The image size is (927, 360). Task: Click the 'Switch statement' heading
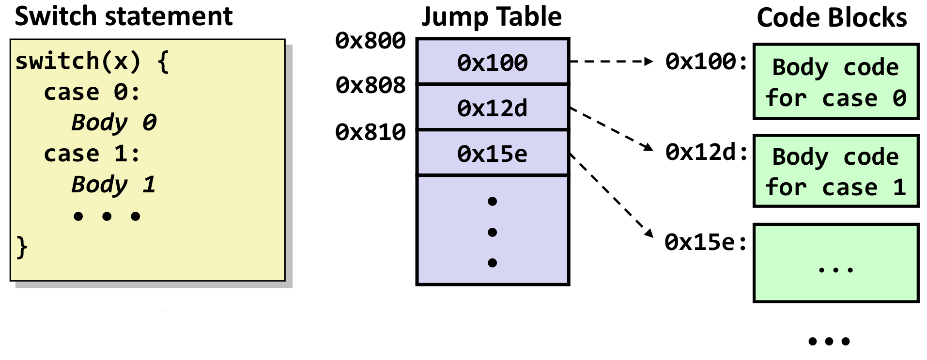124,16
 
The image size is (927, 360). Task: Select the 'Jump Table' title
492,17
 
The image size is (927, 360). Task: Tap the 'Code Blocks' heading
832,18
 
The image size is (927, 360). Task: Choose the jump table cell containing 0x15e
493,154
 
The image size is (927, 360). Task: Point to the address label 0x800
371,41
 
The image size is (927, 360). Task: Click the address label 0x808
371,85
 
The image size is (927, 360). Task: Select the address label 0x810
371,132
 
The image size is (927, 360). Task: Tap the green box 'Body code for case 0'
835,81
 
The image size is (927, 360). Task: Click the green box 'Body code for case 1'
835,171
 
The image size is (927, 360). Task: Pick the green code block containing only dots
835,263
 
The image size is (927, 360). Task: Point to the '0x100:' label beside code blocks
707,62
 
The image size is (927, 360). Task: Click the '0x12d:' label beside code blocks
707,152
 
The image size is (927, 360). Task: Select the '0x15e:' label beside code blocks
706,242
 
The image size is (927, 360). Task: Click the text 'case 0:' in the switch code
92,92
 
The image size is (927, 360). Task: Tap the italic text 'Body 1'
113,185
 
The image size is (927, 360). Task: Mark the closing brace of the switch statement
22,247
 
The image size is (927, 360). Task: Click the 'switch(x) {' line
92,62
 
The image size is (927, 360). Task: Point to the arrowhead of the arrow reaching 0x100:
649,62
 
